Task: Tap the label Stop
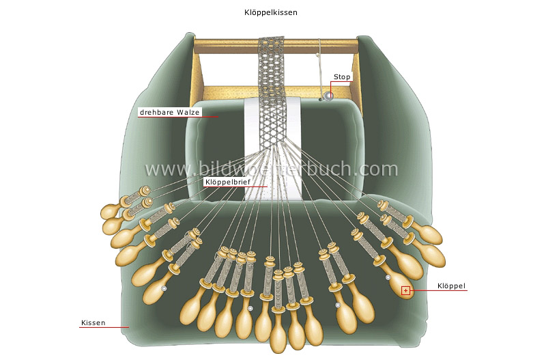click(342, 77)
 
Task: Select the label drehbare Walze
click(170, 111)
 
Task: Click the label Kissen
click(93, 322)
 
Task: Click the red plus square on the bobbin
click(405, 290)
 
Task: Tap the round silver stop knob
click(328, 96)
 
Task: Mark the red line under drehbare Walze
click(177, 117)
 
